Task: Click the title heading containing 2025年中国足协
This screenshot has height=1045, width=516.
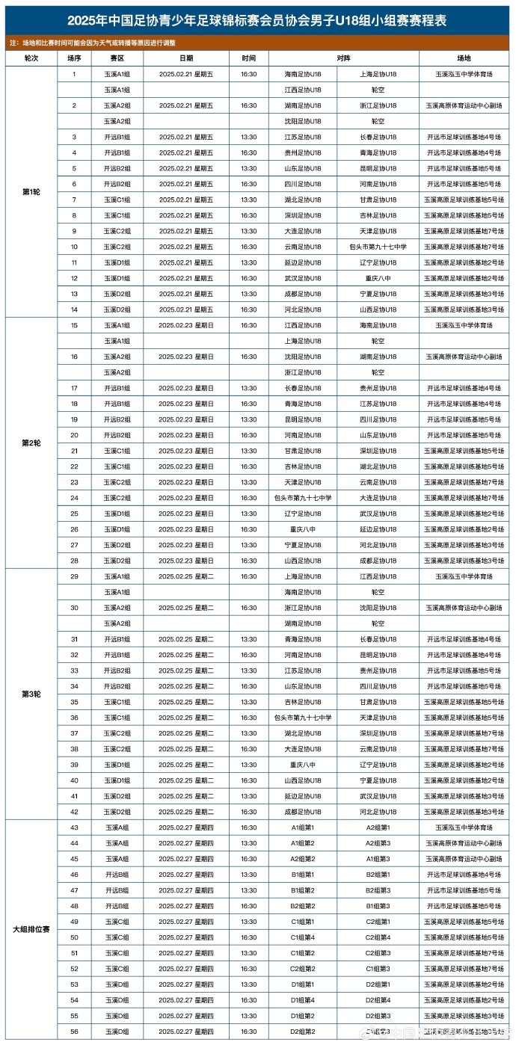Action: tap(258, 21)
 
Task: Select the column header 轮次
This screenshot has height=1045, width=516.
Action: tap(31, 58)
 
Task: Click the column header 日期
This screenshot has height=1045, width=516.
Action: tap(186, 58)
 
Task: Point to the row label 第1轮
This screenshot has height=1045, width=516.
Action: tap(31, 192)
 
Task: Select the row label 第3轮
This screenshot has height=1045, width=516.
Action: tap(31, 694)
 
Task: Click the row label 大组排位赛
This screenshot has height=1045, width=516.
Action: tap(31, 929)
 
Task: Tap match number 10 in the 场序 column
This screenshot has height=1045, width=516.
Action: tap(74, 247)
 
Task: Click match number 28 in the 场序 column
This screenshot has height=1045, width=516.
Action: tap(74, 561)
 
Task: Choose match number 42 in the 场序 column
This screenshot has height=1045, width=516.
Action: tap(74, 812)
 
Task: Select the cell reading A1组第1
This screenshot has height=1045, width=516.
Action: tap(303, 827)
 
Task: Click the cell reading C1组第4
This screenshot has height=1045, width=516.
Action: tap(303, 937)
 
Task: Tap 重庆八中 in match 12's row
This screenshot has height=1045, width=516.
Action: tap(378, 278)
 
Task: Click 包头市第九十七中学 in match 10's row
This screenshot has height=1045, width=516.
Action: tap(378, 247)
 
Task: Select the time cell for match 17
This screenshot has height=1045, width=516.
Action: tap(249, 388)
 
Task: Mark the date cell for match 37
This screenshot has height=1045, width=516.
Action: tap(186, 733)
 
